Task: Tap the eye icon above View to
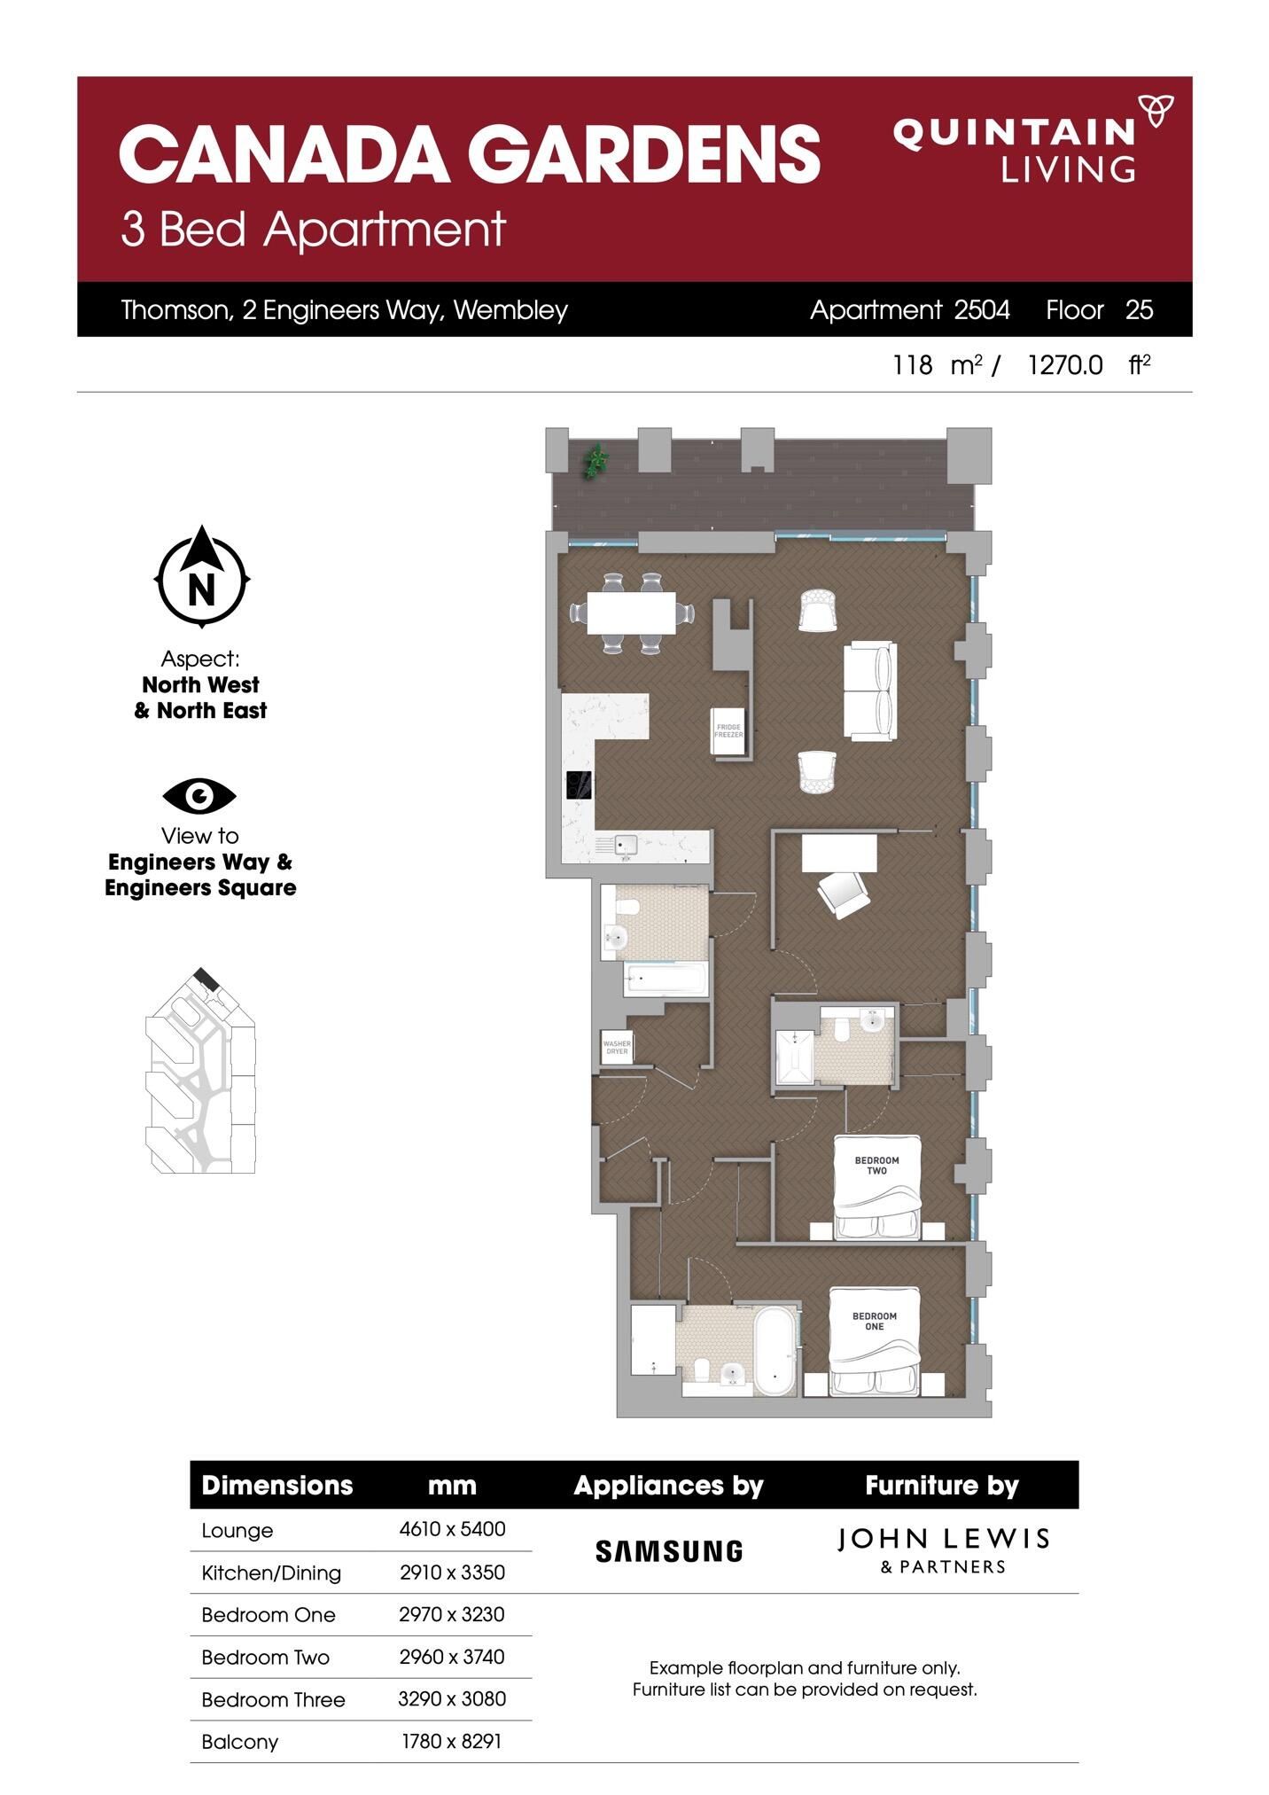pyautogui.click(x=199, y=796)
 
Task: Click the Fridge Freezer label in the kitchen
pyautogui.click(x=728, y=731)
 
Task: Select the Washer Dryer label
pyautogui.click(x=617, y=1047)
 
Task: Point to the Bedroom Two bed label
pyautogui.click(x=876, y=1165)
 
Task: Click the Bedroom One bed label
pyautogui.click(x=874, y=1321)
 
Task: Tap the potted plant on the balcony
pyautogui.click(x=596, y=461)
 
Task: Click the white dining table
pyautogui.click(x=631, y=612)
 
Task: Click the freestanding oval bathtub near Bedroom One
pyautogui.click(x=776, y=1351)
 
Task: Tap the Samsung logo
pyautogui.click(x=668, y=1550)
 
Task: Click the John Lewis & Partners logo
pyautogui.click(x=942, y=1549)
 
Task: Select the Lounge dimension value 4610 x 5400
pyautogui.click(x=452, y=1529)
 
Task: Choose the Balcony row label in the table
pyautogui.click(x=240, y=1742)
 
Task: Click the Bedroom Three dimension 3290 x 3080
pyautogui.click(x=452, y=1699)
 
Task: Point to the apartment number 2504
pyautogui.click(x=982, y=310)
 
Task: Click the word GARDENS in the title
pyautogui.click(x=643, y=153)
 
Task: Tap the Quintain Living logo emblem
pyautogui.click(x=1156, y=111)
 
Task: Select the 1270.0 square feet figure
pyautogui.click(x=1065, y=365)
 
